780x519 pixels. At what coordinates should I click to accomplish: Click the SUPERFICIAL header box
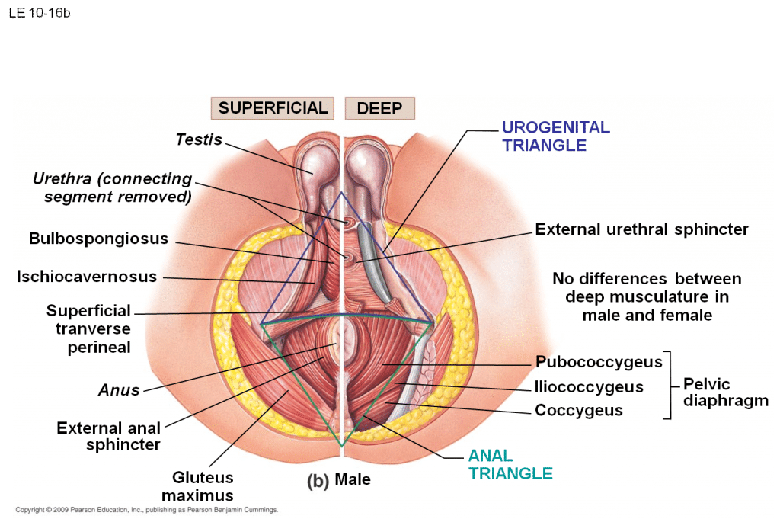click(x=273, y=108)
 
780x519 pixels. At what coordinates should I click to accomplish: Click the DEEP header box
click(x=379, y=108)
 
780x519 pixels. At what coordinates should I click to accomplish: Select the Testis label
click(x=199, y=139)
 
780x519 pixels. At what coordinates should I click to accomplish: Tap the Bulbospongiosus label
click(x=98, y=239)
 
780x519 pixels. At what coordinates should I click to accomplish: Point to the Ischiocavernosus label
click(x=87, y=277)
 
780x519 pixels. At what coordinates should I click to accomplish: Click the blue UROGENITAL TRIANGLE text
click(x=556, y=136)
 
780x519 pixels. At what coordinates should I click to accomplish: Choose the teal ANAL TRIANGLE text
click(x=510, y=465)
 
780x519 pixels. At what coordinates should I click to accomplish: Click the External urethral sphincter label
click(x=641, y=229)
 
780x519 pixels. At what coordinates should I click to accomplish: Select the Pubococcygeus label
click(x=599, y=362)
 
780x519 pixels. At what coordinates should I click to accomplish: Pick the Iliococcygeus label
click(x=589, y=387)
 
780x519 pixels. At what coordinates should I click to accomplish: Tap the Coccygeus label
click(x=579, y=411)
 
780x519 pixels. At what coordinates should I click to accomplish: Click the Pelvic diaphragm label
click(x=725, y=392)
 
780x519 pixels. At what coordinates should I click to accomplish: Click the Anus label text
click(x=119, y=390)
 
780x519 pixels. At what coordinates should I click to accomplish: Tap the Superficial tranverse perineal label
click(x=88, y=329)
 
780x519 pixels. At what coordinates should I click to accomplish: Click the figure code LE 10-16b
click(x=40, y=13)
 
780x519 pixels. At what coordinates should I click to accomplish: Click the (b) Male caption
click(x=338, y=481)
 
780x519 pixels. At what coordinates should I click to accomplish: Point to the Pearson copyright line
click(x=146, y=510)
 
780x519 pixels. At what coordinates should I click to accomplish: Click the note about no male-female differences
click(x=647, y=297)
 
